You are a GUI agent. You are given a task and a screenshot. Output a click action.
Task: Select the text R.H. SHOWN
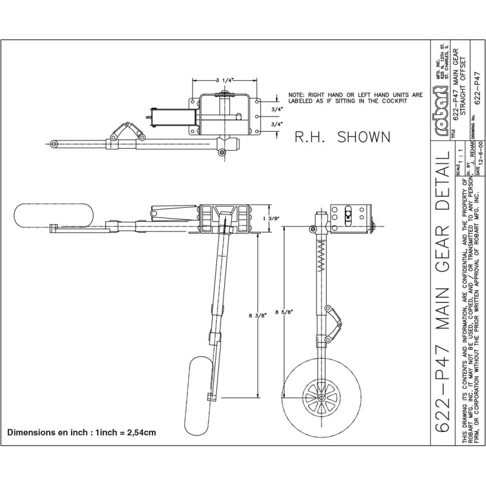click(342, 137)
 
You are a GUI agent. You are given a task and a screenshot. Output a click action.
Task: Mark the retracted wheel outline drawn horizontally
click(54, 216)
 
